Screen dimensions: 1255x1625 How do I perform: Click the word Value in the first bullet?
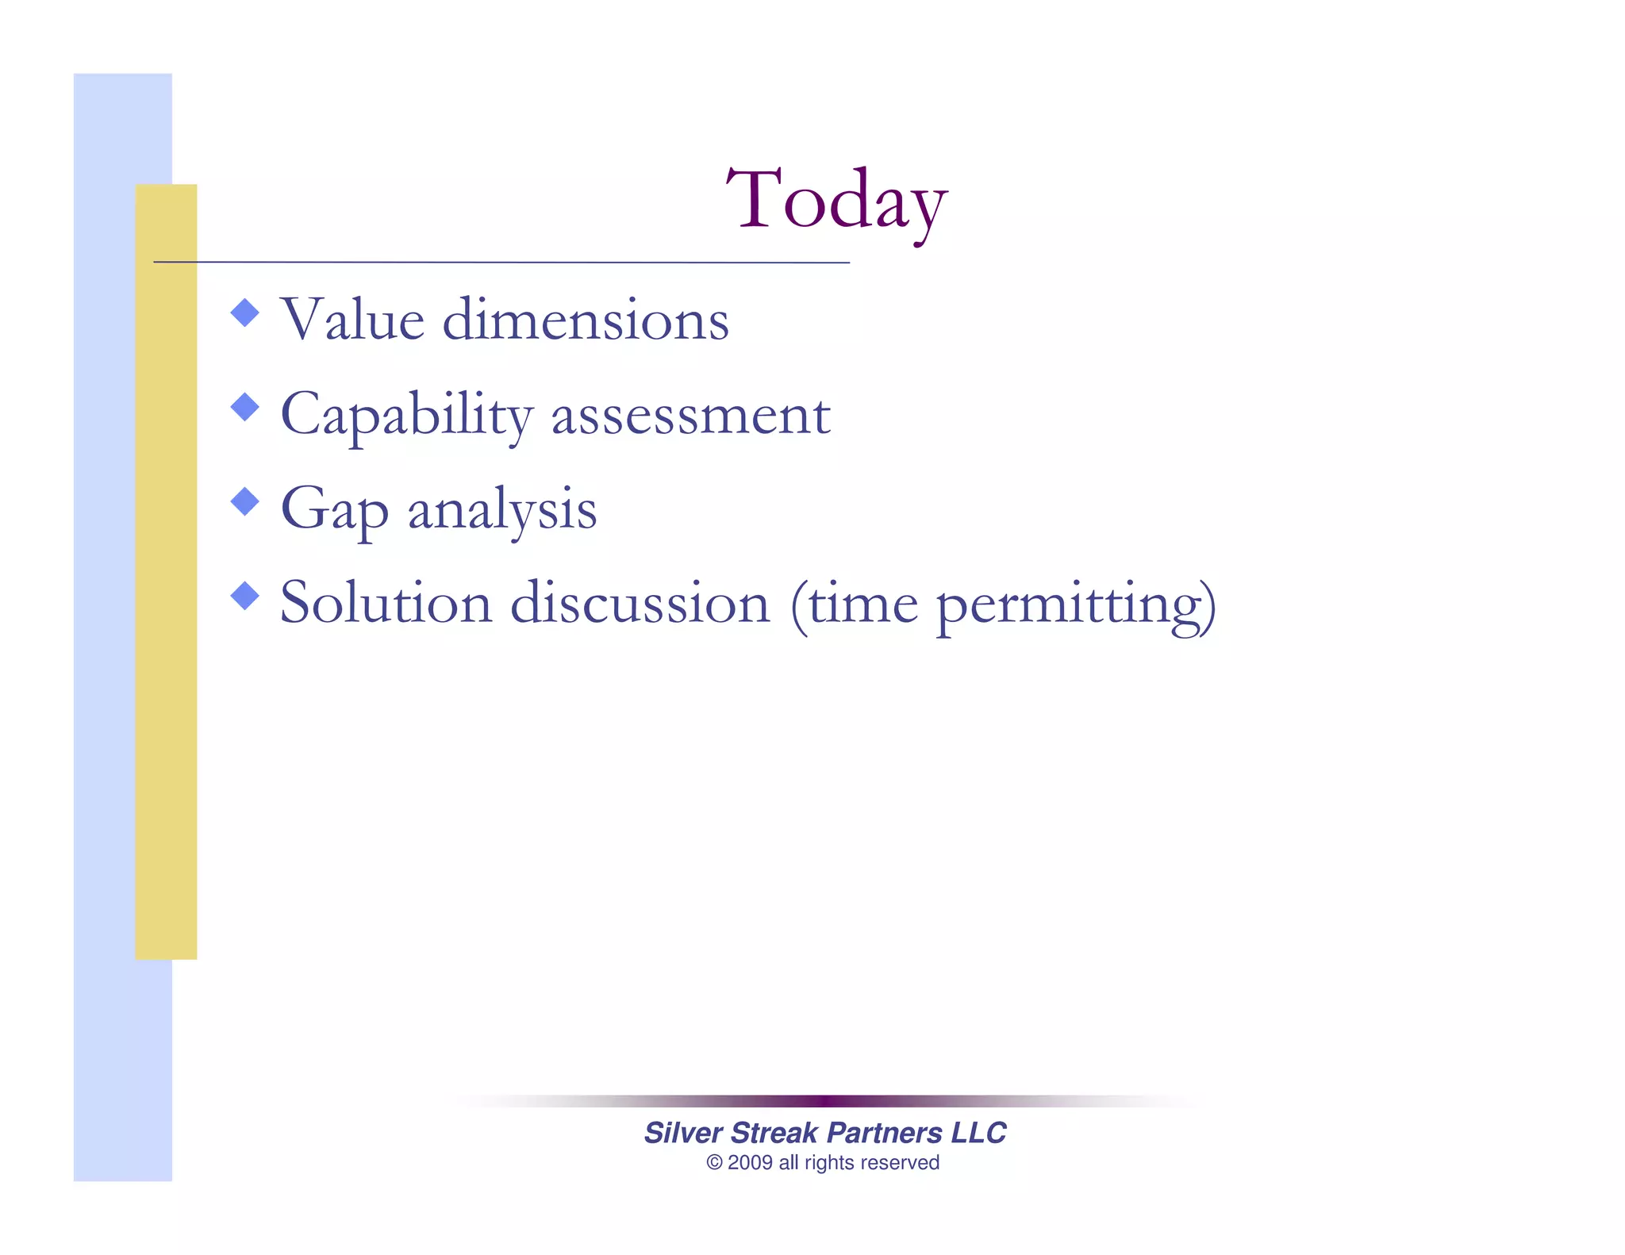[x=352, y=320]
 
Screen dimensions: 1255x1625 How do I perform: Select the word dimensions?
[x=585, y=320]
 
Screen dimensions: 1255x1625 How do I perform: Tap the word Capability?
[x=406, y=415]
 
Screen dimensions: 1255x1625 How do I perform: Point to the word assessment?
[x=690, y=415]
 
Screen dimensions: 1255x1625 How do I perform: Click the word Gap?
[x=334, y=509]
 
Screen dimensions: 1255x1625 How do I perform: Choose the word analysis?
[x=501, y=509]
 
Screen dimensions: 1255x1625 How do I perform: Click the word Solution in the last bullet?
[x=386, y=603]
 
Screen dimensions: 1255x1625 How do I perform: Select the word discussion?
[x=640, y=603]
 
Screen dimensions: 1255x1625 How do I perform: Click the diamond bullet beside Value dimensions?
[x=245, y=313]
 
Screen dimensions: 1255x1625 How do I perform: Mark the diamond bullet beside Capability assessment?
[x=245, y=407]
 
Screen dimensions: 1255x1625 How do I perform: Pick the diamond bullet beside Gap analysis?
[x=245, y=501]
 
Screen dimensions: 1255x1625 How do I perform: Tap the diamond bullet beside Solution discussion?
[x=245, y=596]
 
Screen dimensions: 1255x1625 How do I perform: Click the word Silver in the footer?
[x=682, y=1133]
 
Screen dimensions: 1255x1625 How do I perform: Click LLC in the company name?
[x=978, y=1133]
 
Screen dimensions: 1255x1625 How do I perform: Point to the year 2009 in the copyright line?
[x=750, y=1163]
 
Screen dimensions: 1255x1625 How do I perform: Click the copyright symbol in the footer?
[x=714, y=1163]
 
